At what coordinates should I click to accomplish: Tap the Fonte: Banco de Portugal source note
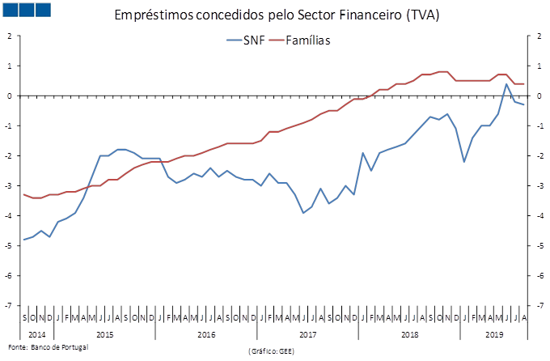[x=46, y=346]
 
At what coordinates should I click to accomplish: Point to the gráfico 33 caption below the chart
[x=271, y=350]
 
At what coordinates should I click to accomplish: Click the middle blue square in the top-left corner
[x=26, y=10]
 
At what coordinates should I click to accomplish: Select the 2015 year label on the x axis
[x=104, y=333]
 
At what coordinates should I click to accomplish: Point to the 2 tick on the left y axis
[x=10, y=36]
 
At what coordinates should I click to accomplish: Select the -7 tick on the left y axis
[x=10, y=306]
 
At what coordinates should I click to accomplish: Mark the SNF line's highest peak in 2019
[x=506, y=83]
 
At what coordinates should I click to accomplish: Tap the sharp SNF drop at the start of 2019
[x=464, y=162]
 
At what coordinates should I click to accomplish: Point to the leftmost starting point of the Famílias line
[x=23, y=194]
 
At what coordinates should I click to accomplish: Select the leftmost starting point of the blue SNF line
[x=23, y=240]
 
